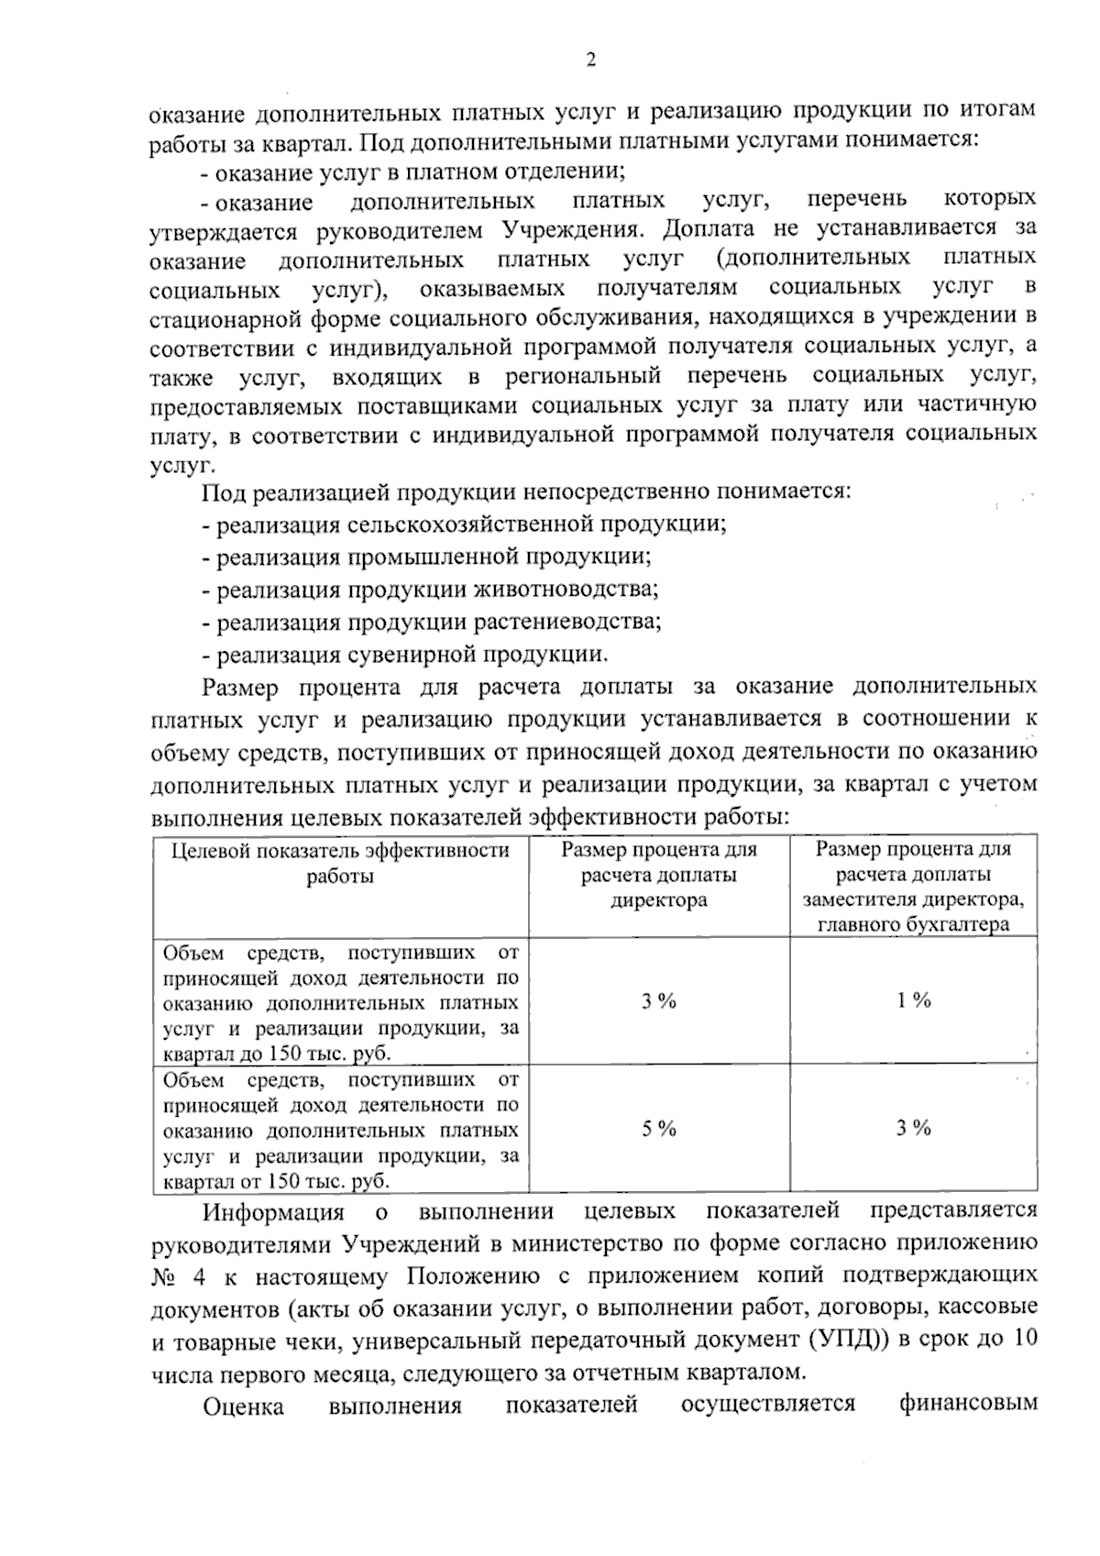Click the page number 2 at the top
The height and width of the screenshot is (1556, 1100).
pos(591,61)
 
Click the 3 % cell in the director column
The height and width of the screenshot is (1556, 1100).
pos(658,1001)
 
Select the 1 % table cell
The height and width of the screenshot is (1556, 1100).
pos(913,1000)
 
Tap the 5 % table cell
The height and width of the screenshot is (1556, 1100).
pos(658,1129)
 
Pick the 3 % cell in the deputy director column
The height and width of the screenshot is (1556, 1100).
pos(913,1128)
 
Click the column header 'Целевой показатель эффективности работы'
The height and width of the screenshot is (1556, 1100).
pos(340,863)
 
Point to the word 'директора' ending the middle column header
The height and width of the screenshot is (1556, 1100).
pos(658,900)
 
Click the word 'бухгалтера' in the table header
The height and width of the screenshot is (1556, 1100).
pos(962,924)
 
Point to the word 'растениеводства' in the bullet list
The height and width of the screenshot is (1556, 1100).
pos(567,623)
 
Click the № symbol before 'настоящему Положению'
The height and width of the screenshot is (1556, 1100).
pos(165,1277)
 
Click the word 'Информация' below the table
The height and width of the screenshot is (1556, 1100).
pos(273,1212)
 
